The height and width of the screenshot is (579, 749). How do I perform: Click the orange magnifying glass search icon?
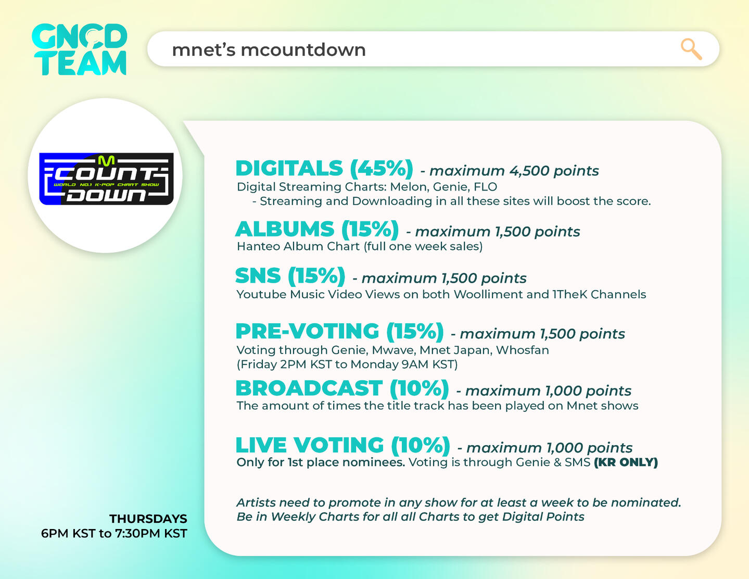(691, 49)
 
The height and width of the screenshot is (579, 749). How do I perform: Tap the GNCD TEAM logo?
(79, 49)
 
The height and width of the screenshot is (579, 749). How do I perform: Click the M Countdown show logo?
(106, 179)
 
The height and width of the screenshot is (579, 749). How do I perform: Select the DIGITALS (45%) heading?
(324, 169)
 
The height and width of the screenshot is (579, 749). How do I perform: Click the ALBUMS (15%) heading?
(317, 229)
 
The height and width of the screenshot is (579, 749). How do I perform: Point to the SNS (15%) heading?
(290, 276)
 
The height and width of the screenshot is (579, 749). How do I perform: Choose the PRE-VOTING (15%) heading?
(339, 332)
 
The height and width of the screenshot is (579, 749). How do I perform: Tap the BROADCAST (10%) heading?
(342, 388)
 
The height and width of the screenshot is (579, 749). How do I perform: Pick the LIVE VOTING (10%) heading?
(343, 445)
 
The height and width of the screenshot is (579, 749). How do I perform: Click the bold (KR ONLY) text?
(626, 462)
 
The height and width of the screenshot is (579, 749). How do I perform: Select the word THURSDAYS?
(148, 519)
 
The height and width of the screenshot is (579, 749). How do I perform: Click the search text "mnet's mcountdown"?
(269, 50)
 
